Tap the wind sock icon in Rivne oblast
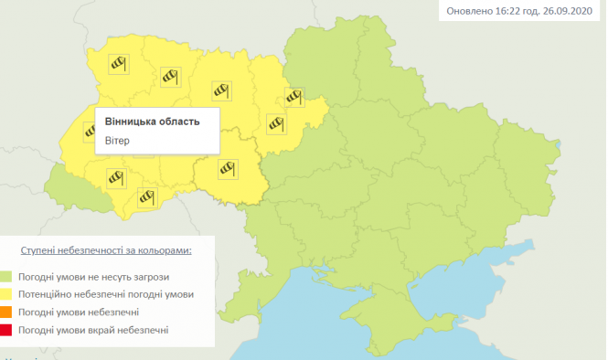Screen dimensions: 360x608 pyautogui.click(x=168, y=76)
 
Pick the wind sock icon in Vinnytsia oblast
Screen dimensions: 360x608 pyautogui.click(x=228, y=167)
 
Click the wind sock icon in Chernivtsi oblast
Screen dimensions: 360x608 pyautogui.click(x=148, y=196)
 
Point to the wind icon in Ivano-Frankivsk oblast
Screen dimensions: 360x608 pyautogui.click(x=115, y=178)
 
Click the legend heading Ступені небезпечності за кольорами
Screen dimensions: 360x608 pyautogui.click(x=106, y=249)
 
